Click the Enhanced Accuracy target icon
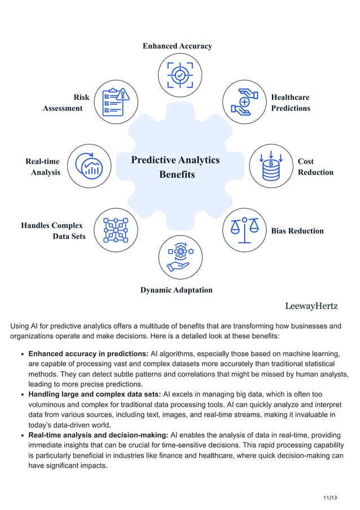(180, 75)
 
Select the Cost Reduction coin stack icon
(271, 166)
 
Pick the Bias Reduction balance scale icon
(245, 231)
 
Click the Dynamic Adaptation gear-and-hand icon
(180, 257)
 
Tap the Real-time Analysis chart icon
(89, 166)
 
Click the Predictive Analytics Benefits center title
(175, 167)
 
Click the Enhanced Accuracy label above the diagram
(177, 46)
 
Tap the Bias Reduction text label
(297, 231)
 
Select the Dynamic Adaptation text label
(177, 290)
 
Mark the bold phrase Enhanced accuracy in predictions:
(88, 354)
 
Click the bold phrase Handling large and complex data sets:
(95, 394)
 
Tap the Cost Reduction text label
(315, 167)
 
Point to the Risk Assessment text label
(66, 102)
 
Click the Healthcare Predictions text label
(291, 102)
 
